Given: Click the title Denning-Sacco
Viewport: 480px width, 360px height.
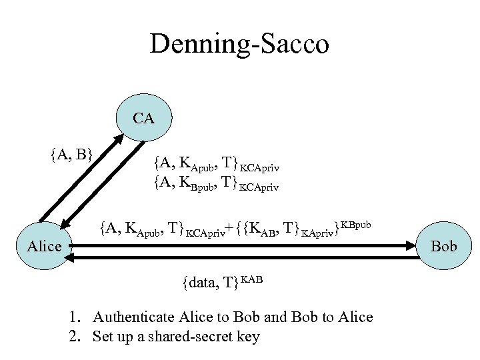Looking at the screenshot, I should pyautogui.click(x=239, y=45).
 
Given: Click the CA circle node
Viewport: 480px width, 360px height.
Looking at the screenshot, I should pyautogui.click(x=143, y=119).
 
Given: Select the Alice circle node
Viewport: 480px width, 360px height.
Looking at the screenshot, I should pyautogui.click(x=45, y=246).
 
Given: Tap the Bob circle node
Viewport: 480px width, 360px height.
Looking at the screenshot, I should pyautogui.click(x=444, y=246).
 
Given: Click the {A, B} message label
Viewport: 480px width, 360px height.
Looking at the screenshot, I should pyautogui.click(x=71, y=155).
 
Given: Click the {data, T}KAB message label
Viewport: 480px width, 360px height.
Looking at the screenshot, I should pyautogui.click(x=222, y=281).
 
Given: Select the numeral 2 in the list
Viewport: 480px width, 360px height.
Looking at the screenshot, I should pyautogui.click(x=73, y=335).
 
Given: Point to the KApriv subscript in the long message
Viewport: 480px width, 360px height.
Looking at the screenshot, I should pyautogui.click(x=317, y=234).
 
